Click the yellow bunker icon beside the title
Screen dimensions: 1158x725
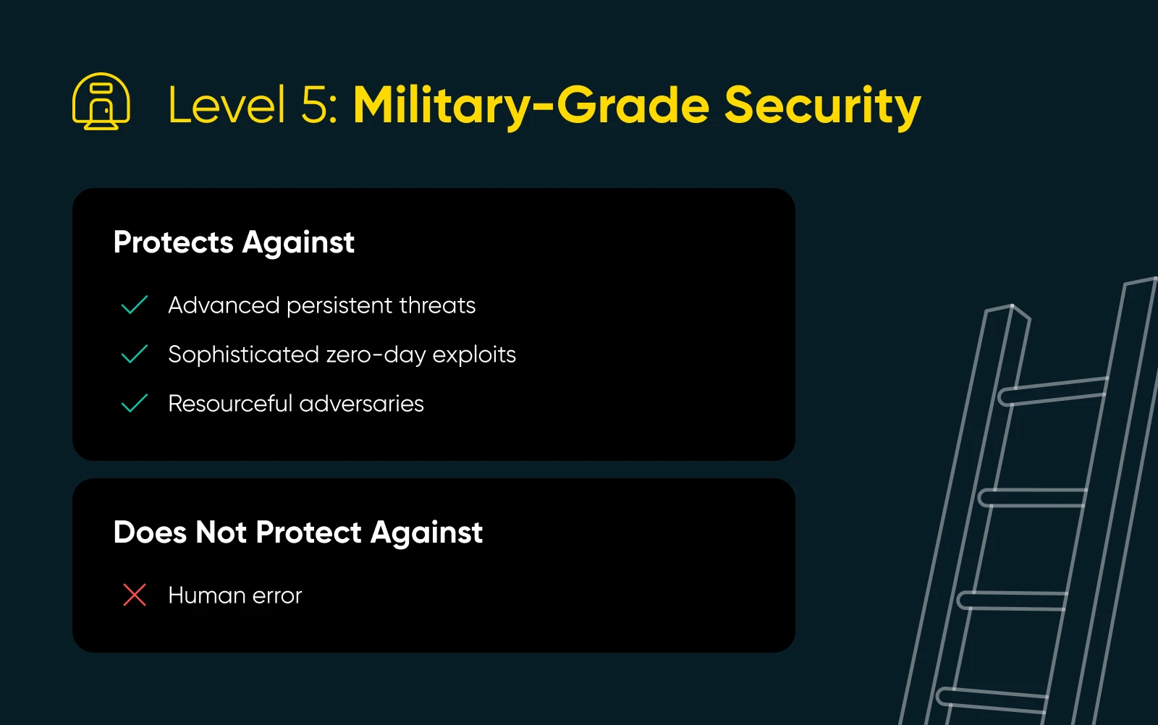tap(101, 101)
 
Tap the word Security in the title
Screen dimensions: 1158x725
tap(822, 106)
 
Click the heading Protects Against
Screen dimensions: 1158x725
tap(234, 242)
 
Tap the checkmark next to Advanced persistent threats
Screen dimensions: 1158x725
tap(135, 305)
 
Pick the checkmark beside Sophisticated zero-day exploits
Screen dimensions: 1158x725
tap(135, 354)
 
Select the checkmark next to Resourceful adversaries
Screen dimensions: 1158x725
tap(135, 403)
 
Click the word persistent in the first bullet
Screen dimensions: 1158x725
tap(339, 306)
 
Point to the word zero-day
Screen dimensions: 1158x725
tap(376, 355)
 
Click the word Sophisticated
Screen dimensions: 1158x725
tap(243, 355)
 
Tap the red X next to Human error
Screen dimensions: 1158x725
tap(135, 594)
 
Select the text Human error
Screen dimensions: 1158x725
tap(234, 595)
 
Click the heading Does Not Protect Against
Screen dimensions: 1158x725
tap(297, 533)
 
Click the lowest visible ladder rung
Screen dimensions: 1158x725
tap(992, 700)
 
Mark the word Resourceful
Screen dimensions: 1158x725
tap(230, 404)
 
